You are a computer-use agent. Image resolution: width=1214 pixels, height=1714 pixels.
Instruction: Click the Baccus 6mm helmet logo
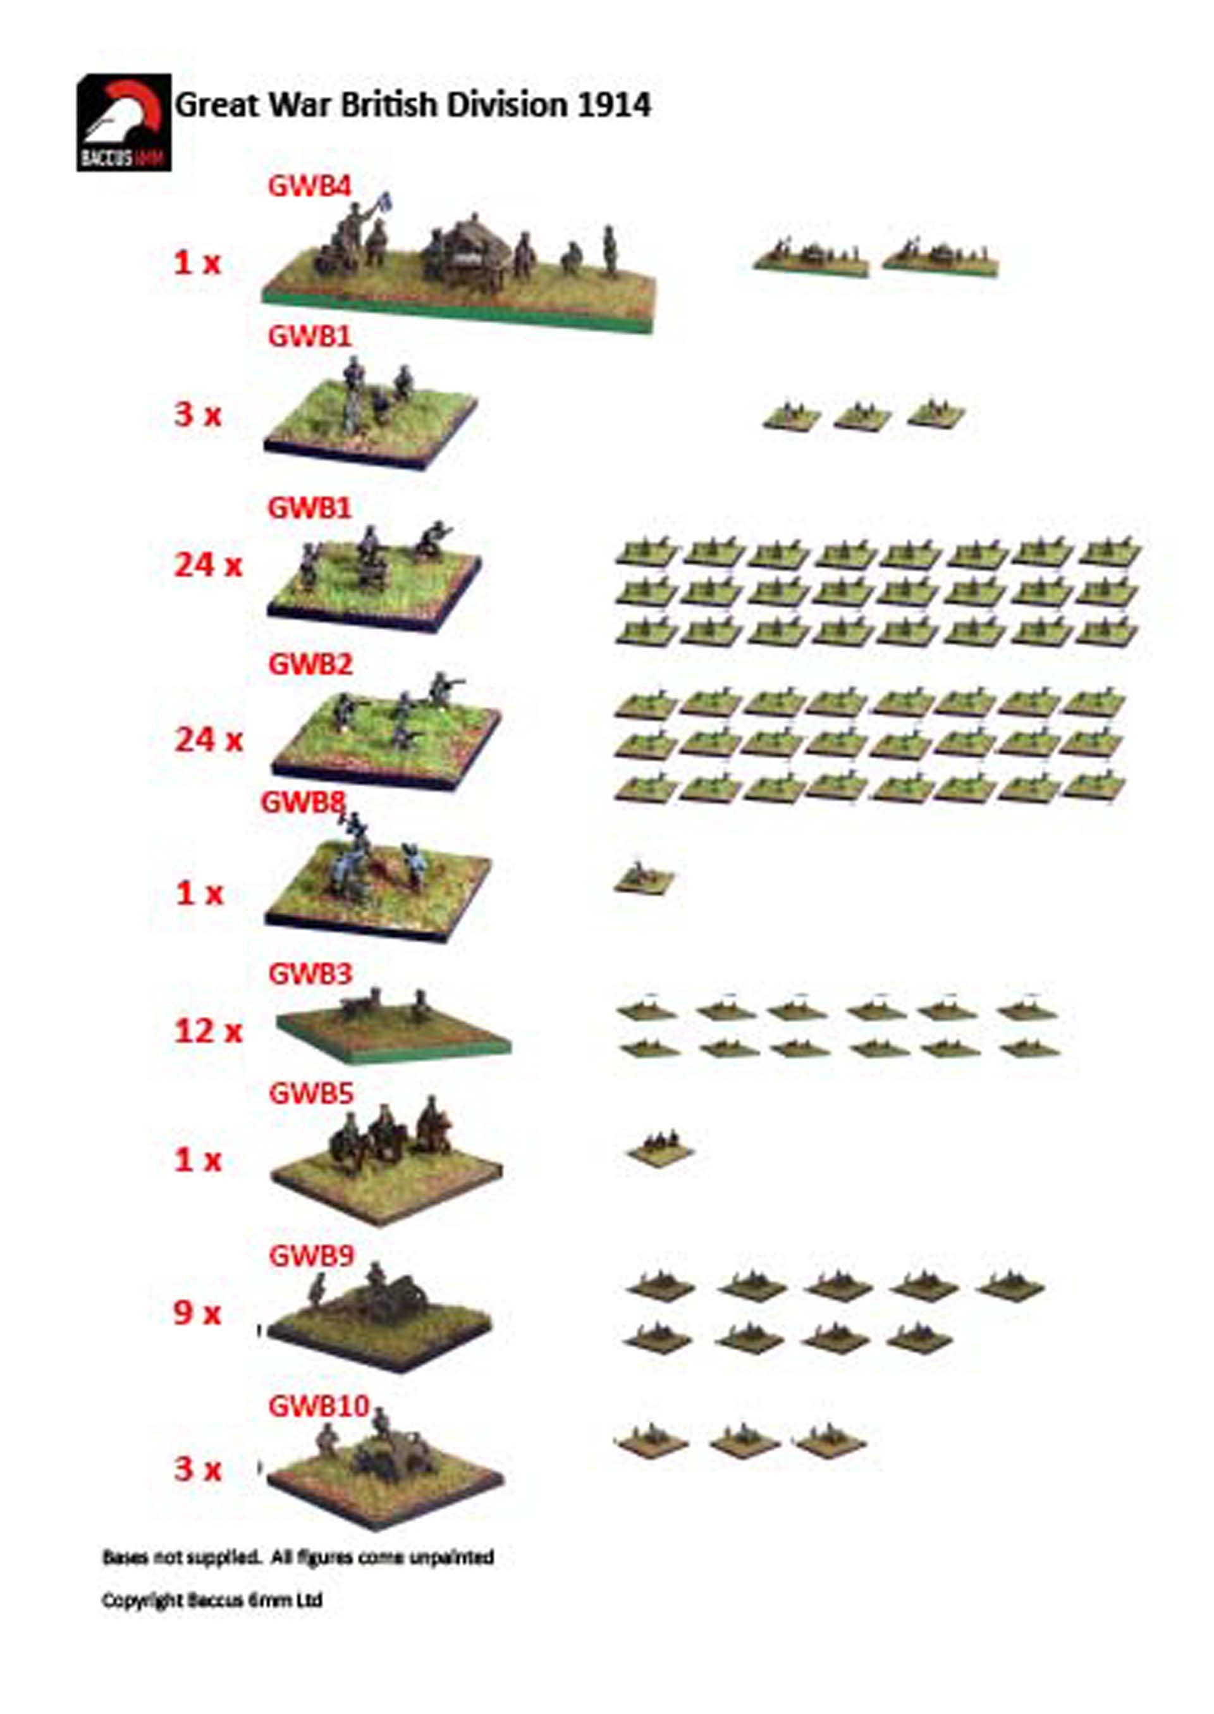point(124,123)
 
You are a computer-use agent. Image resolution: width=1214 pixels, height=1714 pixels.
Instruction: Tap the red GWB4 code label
point(309,186)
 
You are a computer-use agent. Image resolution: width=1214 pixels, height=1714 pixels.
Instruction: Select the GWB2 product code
point(309,664)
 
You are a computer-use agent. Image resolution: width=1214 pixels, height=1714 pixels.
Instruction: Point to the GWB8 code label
point(303,803)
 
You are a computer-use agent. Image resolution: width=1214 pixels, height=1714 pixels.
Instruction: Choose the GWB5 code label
point(309,1094)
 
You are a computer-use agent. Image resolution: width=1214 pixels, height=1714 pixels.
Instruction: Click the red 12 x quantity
point(209,1032)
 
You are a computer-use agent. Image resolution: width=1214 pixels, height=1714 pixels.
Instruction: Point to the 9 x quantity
point(198,1313)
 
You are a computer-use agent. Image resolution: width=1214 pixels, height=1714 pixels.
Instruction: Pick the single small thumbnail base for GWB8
point(644,877)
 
